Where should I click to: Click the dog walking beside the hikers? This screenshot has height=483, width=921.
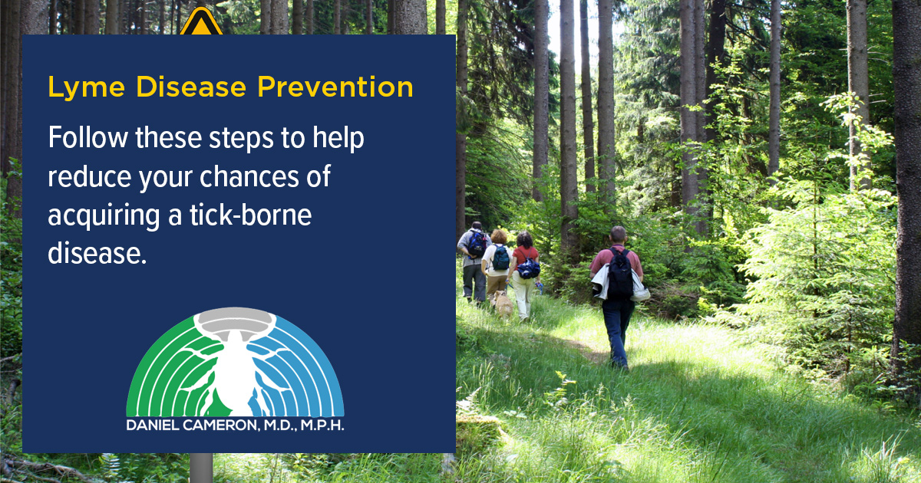pos(503,304)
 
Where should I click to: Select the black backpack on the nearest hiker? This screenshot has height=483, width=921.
pos(620,274)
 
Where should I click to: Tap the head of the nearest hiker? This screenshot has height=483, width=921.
pos(618,234)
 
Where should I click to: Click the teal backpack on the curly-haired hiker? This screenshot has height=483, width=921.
pos(501,258)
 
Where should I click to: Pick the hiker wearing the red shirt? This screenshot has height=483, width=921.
pos(526,272)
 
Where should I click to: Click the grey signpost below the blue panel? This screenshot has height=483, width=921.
pos(201,468)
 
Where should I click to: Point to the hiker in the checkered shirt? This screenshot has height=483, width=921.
pos(474,261)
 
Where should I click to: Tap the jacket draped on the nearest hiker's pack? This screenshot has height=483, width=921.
pos(601,281)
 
